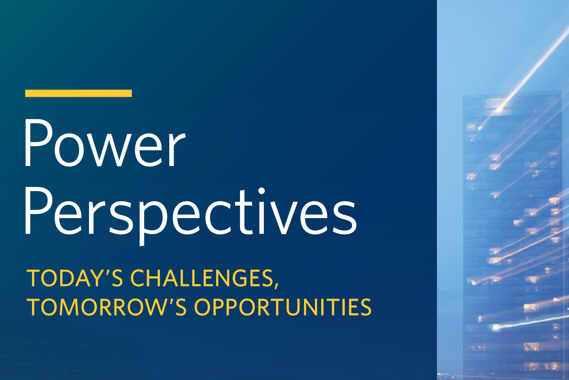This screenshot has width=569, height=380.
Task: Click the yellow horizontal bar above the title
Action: [x=79, y=93]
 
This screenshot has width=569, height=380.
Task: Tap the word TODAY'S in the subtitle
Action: [x=75, y=278]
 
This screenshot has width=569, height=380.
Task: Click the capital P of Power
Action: [x=38, y=143]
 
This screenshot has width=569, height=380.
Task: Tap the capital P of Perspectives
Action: [x=38, y=211]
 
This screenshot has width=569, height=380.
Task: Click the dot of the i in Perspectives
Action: [x=261, y=191]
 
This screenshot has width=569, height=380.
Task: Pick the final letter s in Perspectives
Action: [x=345, y=217]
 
